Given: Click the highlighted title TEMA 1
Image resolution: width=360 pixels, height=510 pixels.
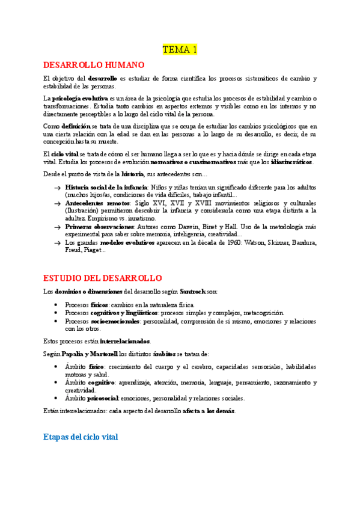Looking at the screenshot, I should tap(180, 49).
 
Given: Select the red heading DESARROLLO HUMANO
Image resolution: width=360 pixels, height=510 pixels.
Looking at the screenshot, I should tap(94, 65).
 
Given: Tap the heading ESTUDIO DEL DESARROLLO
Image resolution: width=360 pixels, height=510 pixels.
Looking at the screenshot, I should tap(103, 278).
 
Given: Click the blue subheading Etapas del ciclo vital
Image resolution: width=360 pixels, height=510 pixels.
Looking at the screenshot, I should tap(81, 437).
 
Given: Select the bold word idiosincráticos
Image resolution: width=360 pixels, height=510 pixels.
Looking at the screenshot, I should tap(292, 162).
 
